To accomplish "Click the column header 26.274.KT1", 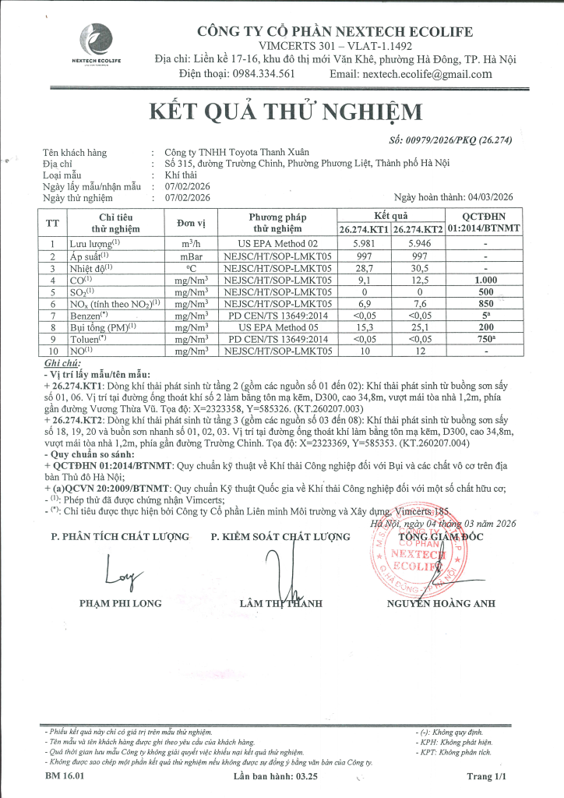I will point(363,229).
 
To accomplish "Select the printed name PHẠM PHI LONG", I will point(121,602).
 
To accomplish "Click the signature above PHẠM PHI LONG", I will point(117,575).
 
